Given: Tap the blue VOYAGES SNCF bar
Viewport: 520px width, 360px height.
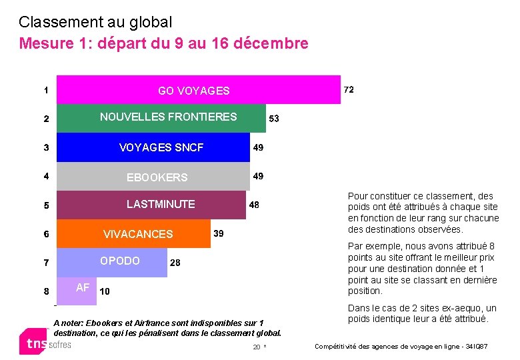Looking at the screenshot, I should pyautogui.click(x=153, y=147).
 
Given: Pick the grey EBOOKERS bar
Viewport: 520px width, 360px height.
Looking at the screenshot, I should pyautogui.click(x=153, y=177).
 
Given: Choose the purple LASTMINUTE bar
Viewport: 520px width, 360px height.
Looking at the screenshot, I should pyautogui.click(x=151, y=205).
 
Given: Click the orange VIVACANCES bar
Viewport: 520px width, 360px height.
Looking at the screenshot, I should pyautogui.click(x=133, y=234).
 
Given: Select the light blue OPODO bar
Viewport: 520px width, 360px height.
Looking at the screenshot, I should pyautogui.click(x=111, y=262).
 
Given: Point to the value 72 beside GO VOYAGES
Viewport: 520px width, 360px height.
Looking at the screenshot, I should pyautogui.click(x=349, y=89).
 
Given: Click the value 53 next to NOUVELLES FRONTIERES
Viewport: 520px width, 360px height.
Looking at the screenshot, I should pyautogui.click(x=274, y=119).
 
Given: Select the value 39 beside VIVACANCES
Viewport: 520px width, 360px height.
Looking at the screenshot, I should pyautogui.click(x=218, y=233).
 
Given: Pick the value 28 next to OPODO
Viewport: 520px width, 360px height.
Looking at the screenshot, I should pyautogui.click(x=175, y=263).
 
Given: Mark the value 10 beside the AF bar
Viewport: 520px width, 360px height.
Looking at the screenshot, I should pyautogui.click(x=105, y=291).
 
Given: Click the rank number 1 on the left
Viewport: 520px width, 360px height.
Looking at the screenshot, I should pyautogui.click(x=46, y=89).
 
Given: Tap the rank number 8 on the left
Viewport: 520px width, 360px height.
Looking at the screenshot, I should pyautogui.click(x=46, y=291).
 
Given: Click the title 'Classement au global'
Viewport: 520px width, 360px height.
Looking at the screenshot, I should pyautogui.click(x=95, y=22).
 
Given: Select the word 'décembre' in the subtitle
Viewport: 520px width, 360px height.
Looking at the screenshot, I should pyautogui.click(x=275, y=44).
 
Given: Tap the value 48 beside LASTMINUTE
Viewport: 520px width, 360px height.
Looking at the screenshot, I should pyautogui.click(x=254, y=205).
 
